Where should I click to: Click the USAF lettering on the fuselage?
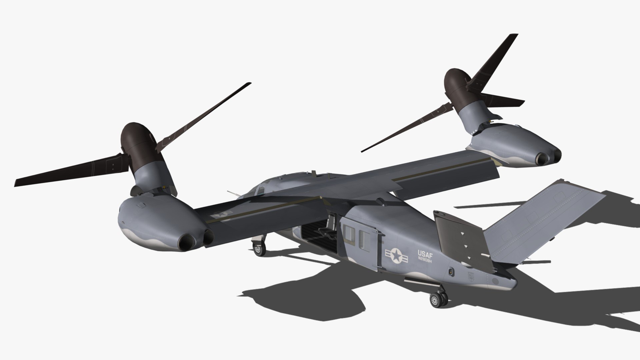click(x=425, y=255)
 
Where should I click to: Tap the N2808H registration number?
click(x=425, y=261)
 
